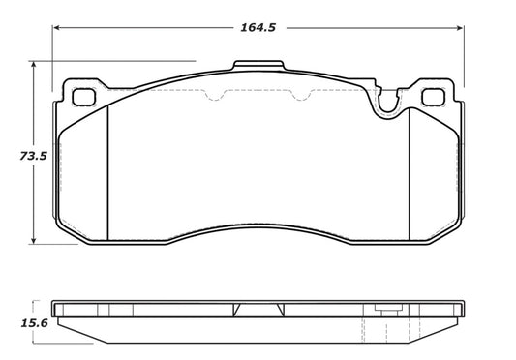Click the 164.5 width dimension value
[x=258, y=27]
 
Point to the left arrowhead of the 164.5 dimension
[x=56, y=27]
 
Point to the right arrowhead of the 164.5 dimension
[x=461, y=27]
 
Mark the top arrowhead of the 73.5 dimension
[x=36, y=65]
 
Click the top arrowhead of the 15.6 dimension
[x=36, y=302]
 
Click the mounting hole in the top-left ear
[x=83, y=98]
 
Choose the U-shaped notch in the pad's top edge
[x=390, y=102]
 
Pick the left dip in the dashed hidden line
[x=215, y=96]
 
